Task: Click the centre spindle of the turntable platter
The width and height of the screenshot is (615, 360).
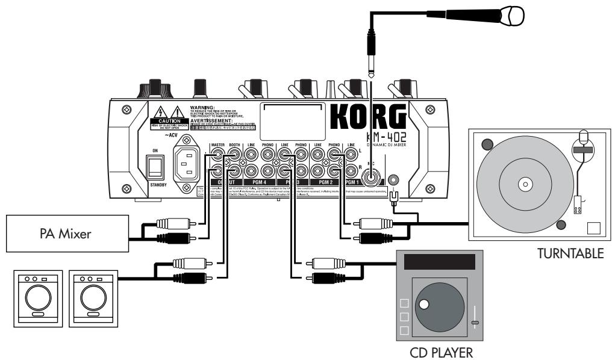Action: pos(523,181)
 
